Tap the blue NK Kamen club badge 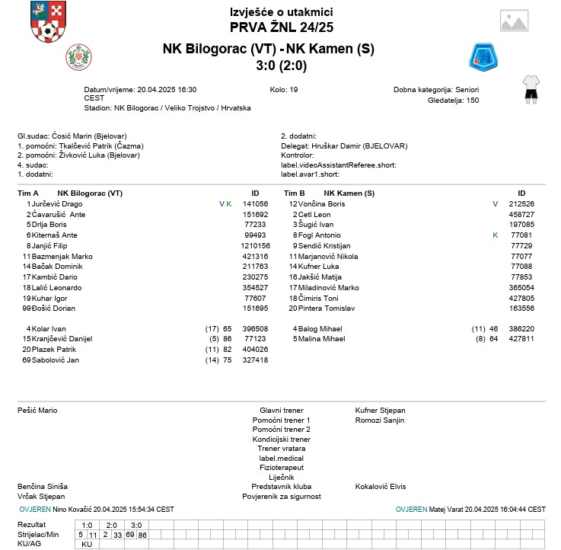tap(483, 56)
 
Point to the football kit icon tap(531, 88)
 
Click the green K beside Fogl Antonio tap(495, 235)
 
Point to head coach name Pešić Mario tap(37, 411)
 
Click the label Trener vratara tap(281, 449)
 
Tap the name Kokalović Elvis tap(381, 486)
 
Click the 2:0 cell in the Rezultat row tap(111, 525)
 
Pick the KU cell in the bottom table tap(87, 545)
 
